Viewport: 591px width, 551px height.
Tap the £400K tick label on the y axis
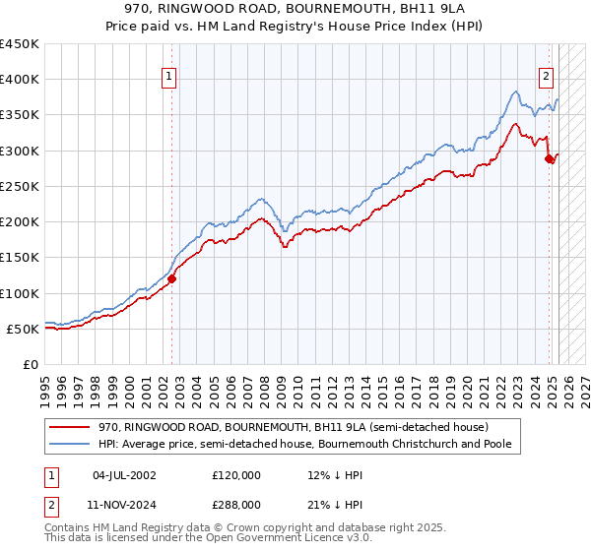coord(20,80)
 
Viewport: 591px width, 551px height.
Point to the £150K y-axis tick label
coord(20,258)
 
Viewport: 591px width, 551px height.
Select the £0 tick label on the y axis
coord(31,365)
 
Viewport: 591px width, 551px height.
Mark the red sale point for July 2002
coord(171,278)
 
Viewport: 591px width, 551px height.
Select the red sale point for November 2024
coord(550,159)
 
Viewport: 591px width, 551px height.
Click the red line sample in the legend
coord(71,427)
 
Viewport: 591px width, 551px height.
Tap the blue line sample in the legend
coord(71,444)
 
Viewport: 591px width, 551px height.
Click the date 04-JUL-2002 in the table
coord(124,475)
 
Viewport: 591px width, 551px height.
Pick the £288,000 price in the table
coord(236,503)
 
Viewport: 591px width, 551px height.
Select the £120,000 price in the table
coord(236,475)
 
